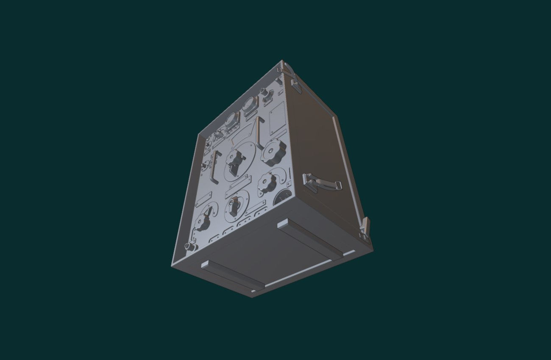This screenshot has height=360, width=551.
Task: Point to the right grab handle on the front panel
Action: [259, 132]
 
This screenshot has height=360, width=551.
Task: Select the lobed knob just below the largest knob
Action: [268, 183]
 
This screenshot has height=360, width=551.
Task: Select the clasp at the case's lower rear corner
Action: [365, 229]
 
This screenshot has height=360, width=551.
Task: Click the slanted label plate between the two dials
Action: [236, 188]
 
